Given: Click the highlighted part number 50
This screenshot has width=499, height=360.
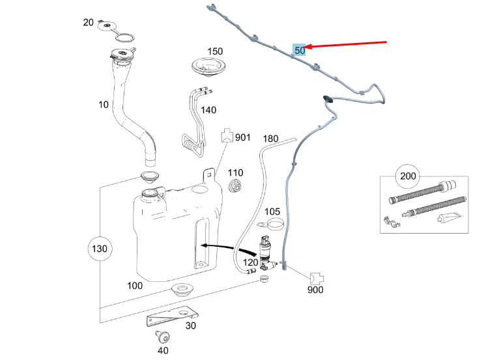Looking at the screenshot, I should click(x=300, y=49).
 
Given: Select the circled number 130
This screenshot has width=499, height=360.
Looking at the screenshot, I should click(x=100, y=249).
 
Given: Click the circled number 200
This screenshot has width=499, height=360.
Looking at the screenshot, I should click(x=408, y=176).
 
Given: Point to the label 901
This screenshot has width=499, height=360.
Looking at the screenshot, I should click(x=242, y=137).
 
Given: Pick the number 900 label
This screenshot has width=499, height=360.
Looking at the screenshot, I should click(x=315, y=290).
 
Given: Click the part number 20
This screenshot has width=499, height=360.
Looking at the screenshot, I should click(x=89, y=22).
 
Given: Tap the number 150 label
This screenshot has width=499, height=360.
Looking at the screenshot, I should click(x=215, y=51).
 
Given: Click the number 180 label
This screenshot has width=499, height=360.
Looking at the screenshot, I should click(x=270, y=139).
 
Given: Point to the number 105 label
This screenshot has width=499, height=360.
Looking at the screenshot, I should click(x=272, y=212).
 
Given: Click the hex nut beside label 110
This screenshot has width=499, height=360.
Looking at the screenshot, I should click(x=235, y=186).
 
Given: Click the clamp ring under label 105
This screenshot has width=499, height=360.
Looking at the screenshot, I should click(x=275, y=226).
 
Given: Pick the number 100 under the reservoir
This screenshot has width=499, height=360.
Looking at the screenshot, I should click(x=135, y=286).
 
